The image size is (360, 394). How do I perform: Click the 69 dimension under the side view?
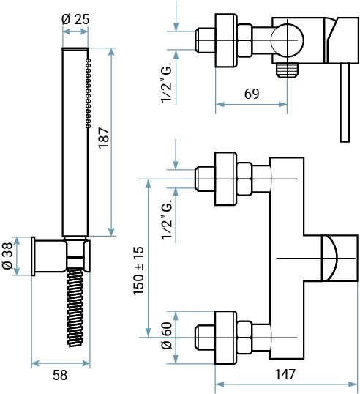252,94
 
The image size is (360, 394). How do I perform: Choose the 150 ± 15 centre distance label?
138,270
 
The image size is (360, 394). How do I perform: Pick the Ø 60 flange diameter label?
168,335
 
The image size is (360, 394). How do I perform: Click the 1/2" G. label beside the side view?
167,83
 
